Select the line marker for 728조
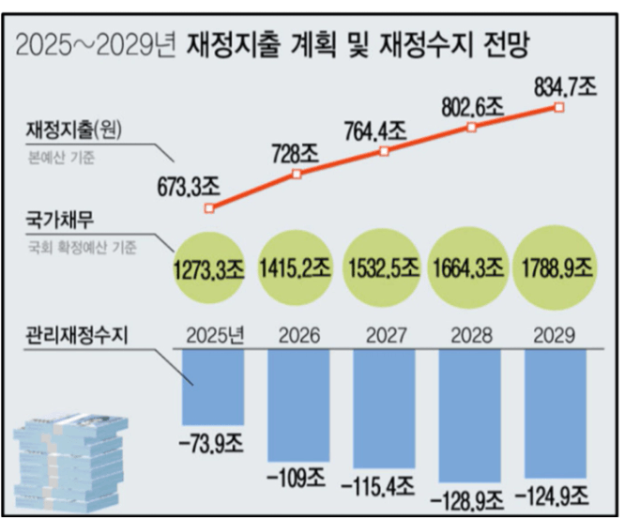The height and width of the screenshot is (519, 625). pos(297,175)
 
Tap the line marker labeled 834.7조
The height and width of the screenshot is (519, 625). pos(559,108)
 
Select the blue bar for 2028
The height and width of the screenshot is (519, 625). pos(472,412)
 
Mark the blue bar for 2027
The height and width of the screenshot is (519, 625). pos(386,408)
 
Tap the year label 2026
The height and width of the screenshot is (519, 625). pos(299,336)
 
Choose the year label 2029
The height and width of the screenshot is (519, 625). pos(557,336)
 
